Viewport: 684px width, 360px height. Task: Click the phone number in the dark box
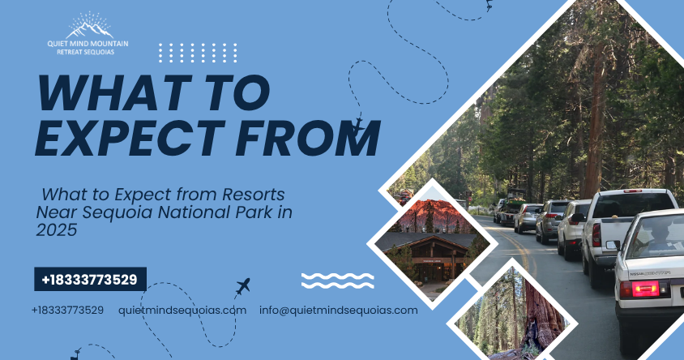tap(90, 281)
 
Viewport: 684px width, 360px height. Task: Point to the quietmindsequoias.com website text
tap(182, 310)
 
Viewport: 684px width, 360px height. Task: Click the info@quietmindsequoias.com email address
tap(339, 310)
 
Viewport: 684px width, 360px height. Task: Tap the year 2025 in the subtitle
tap(56, 230)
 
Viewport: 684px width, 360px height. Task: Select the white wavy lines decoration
tap(337, 281)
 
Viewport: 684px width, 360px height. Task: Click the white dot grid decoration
tap(198, 53)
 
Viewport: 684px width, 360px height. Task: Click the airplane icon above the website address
tap(242, 285)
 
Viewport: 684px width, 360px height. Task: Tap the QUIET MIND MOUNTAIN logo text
tap(88, 46)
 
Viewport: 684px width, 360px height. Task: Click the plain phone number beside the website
tap(67, 310)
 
